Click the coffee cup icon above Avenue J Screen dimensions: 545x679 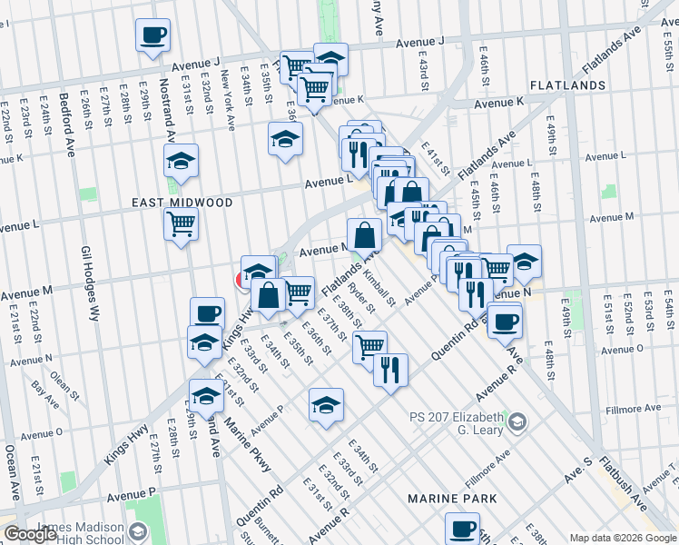coord(153,36)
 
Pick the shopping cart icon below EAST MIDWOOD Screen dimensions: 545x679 coord(182,223)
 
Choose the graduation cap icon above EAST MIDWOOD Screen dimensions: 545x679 coord(182,163)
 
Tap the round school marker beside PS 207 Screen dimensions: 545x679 coord(517,420)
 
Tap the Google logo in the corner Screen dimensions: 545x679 coord(30,534)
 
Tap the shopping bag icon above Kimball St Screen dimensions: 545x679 coord(364,235)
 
